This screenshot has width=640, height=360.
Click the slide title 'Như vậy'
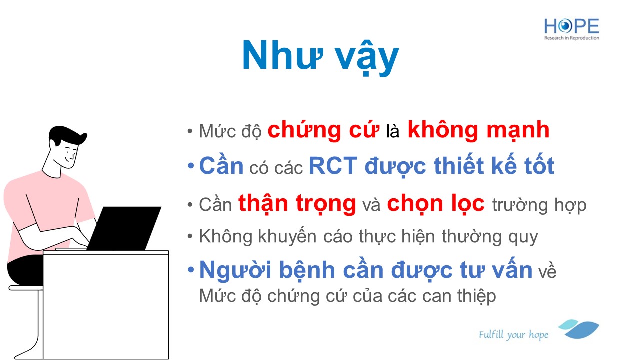(320, 57)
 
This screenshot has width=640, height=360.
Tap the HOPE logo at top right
(571, 29)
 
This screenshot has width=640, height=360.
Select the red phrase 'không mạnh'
(479, 131)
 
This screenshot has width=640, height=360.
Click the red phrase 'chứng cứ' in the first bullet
(323, 131)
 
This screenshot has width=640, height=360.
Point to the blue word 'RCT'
(333, 166)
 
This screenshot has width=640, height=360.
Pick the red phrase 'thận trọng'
(297, 204)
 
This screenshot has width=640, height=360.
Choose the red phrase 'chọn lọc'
(436, 204)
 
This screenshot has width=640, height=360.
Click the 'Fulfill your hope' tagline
(513, 335)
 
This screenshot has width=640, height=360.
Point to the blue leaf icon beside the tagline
(579, 329)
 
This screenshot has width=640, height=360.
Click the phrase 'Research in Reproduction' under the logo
(571, 38)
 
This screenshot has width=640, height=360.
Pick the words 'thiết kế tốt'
(494, 166)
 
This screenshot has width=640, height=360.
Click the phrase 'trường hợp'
(539, 205)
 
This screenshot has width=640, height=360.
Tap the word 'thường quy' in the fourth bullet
(489, 237)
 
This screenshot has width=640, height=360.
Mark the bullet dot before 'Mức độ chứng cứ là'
(190, 131)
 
